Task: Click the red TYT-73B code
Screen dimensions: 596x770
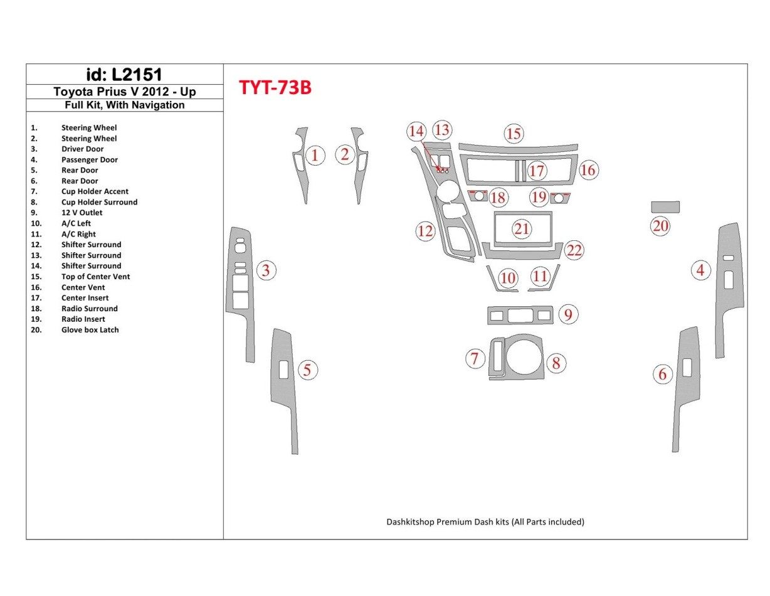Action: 275,88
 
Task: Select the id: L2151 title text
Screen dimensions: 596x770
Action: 124,75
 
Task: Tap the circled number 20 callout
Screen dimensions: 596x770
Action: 660,226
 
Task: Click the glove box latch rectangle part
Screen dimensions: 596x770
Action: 665,207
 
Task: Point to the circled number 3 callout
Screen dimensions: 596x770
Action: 266,270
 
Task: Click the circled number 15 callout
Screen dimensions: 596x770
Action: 514,134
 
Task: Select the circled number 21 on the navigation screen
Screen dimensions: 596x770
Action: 522,229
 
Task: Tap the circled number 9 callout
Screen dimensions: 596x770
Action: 567,314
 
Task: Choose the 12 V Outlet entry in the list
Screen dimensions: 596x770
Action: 82,213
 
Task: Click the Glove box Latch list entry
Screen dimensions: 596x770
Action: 90,330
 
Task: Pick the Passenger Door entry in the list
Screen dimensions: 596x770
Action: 90,160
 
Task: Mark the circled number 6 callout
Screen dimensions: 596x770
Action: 662,375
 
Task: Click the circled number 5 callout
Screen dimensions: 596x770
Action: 307,370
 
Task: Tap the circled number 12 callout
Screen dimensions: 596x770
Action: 425,231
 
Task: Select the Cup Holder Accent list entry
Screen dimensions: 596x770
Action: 95,191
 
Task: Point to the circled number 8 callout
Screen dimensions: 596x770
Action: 556,363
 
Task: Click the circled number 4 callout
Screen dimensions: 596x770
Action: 700,270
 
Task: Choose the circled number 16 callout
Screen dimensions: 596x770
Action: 588,170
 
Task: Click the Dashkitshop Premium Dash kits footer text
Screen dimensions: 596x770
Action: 485,522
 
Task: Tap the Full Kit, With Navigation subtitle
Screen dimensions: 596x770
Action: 124,105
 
